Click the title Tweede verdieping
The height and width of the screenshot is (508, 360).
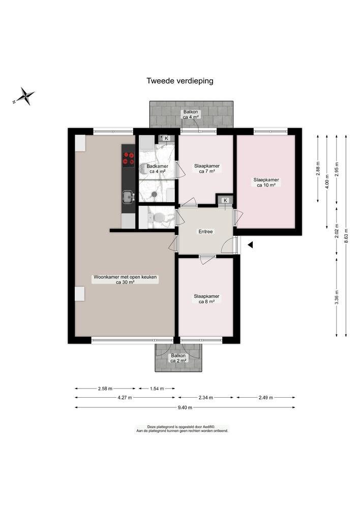[179, 80]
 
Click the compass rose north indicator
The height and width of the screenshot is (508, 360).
[24, 96]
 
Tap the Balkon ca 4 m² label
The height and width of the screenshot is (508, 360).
[191, 114]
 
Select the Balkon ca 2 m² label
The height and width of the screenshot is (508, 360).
[178, 358]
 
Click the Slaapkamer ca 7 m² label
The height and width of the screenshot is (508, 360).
[206, 168]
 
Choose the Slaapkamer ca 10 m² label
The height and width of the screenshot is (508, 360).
[266, 182]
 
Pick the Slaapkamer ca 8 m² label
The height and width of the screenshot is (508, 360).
[206, 299]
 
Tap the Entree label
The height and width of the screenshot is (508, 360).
[205, 232]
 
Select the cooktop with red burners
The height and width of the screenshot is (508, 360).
[129, 159]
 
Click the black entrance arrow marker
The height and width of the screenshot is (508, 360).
[250, 245]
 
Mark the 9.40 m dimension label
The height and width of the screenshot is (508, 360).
[185, 407]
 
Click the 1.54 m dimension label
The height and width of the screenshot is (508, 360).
[157, 389]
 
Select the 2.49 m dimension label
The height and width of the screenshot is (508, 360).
[265, 398]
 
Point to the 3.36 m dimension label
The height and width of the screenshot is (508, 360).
[336, 296]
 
